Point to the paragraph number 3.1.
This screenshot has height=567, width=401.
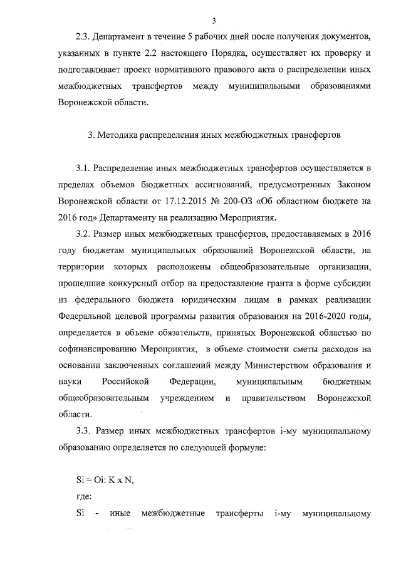84,169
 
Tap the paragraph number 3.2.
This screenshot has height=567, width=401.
84,234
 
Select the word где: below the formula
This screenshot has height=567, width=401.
83,497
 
